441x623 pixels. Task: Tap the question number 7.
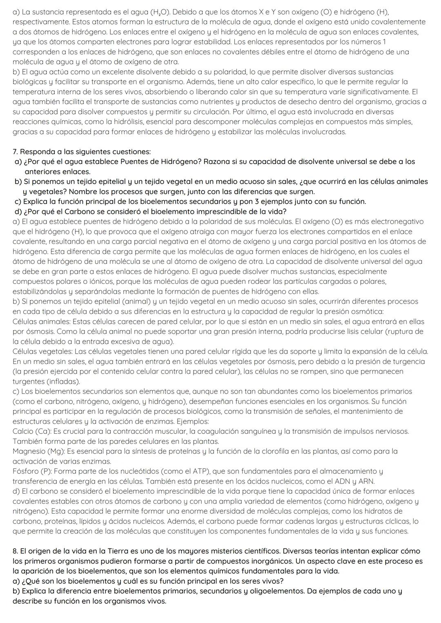16,152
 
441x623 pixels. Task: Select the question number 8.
16,551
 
